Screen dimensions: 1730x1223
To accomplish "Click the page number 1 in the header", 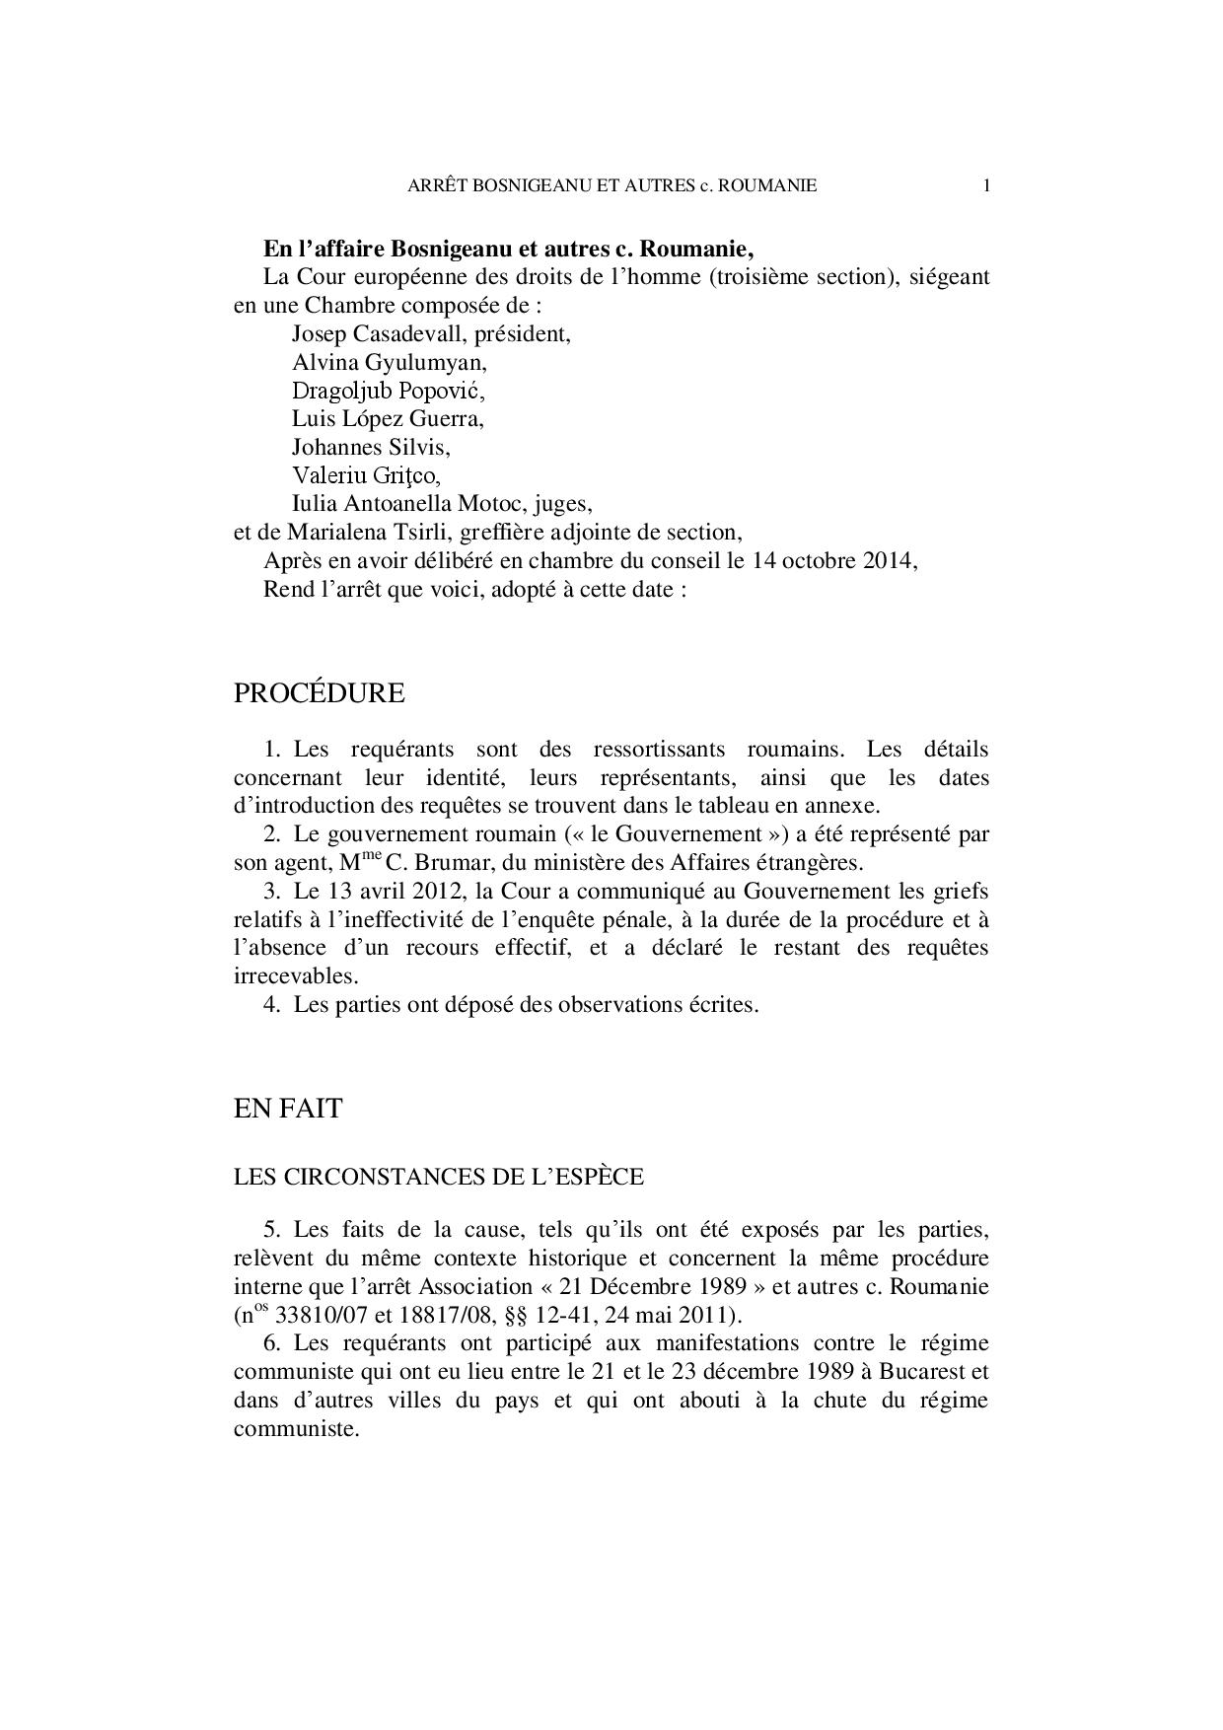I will [x=986, y=185].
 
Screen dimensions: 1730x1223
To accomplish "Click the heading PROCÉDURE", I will [x=319, y=693].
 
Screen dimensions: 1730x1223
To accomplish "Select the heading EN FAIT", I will [x=287, y=1109].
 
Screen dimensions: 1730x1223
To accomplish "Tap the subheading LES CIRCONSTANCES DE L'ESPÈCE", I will [x=438, y=1177].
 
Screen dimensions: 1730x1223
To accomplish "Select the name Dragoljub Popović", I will [x=389, y=391].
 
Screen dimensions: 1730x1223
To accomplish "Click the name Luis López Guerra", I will [x=388, y=419].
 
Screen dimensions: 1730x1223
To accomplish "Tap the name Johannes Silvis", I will [x=370, y=448].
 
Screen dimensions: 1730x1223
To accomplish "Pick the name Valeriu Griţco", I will [x=365, y=476].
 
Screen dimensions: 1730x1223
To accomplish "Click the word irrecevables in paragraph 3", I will [x=293, y=976].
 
